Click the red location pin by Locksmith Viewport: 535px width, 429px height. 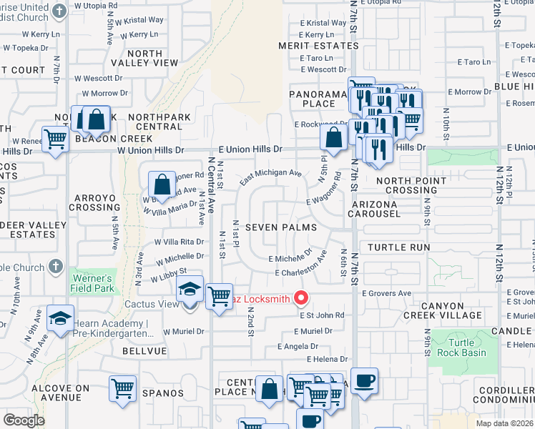tap(302, 298)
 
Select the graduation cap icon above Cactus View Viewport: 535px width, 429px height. tap(190, 290)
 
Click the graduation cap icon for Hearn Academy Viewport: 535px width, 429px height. tap(61, 318)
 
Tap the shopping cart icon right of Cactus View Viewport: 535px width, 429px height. tap(219, 295)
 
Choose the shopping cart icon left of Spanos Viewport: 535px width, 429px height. tap(122, 389)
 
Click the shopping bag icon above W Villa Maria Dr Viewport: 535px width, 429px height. tap(162, 184)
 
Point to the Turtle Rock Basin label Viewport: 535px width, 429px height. tap(463, 347)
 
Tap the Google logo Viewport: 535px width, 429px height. tap(24, 420)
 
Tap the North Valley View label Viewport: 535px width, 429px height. tap(152, 58)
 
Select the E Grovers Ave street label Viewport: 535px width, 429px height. tap(386, 293)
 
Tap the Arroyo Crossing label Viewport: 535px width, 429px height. tap(94, 201)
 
